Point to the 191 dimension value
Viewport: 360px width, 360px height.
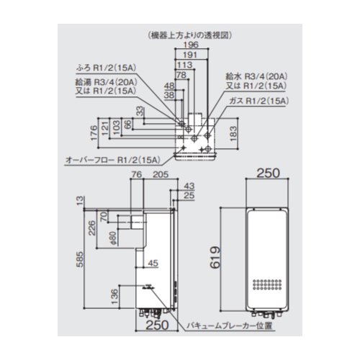pos(190,55)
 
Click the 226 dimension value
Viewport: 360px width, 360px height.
pos(92,230)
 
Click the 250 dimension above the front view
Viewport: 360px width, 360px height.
pos(268,174)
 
